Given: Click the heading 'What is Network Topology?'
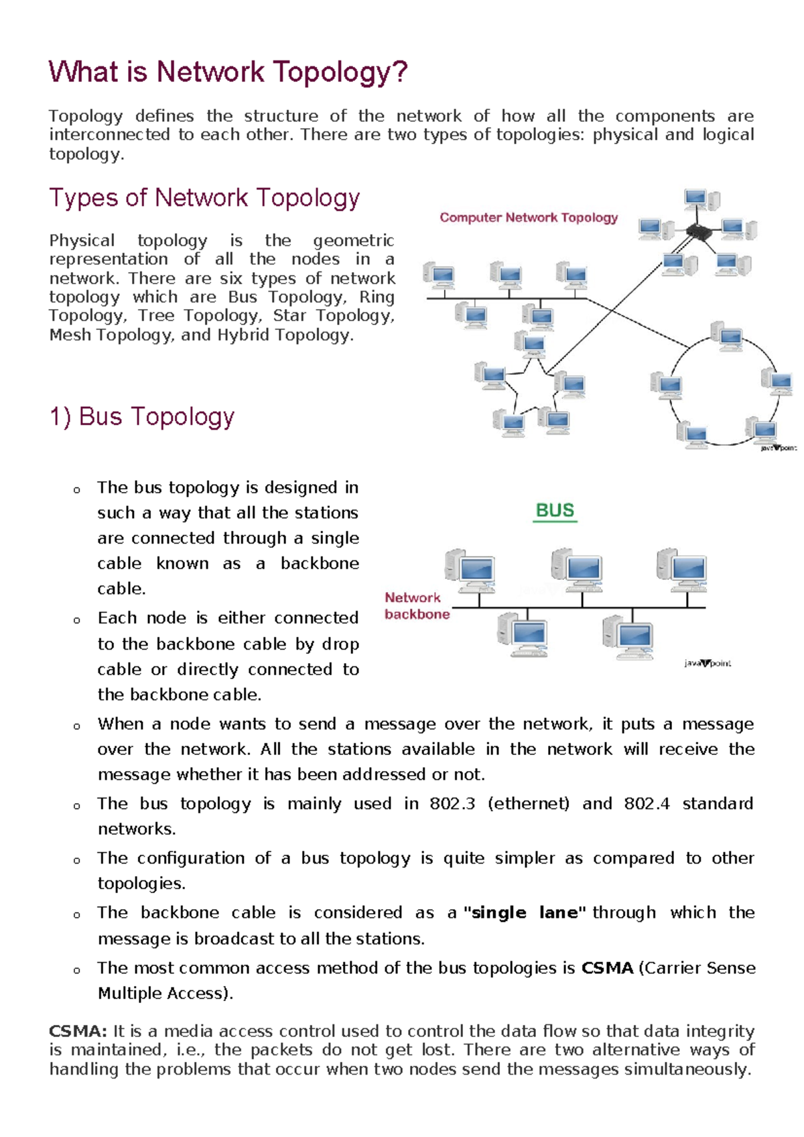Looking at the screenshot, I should pos(228,72).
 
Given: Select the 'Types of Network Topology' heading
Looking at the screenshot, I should pos(204,198).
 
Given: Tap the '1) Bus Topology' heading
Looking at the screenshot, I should pos(142,416).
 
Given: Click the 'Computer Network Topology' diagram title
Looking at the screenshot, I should pos(529,218).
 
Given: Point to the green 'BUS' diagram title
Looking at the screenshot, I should pos(555,511).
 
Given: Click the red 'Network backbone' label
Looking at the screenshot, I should pos(416,606).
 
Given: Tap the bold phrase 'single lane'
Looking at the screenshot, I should pos(525,912).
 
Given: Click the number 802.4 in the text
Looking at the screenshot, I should pos(647,803).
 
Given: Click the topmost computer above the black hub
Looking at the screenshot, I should pos(701,200).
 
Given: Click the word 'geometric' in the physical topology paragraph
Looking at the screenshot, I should pos(353,241).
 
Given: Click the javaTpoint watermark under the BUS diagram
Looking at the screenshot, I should pos(708,663).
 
